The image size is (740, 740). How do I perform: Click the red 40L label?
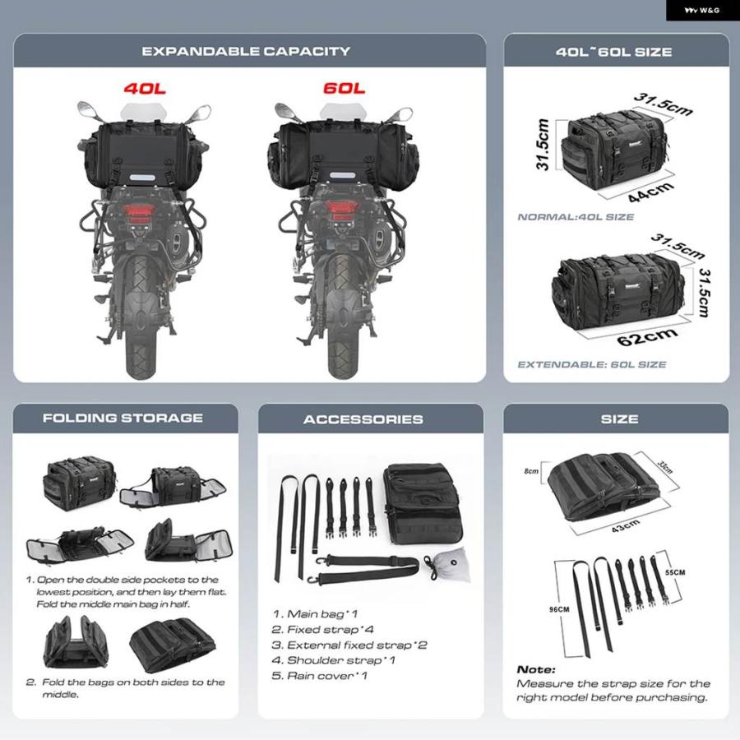click(145, 88)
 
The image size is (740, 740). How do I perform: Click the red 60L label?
click(344, 88)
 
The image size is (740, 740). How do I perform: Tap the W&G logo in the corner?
click(702, 11)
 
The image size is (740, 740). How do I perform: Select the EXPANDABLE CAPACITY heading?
click(246, 51)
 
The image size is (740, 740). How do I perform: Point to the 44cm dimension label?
click(651, 192)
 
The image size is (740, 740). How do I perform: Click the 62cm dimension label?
click(647, 337)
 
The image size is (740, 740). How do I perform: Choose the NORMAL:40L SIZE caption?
click(576, 217)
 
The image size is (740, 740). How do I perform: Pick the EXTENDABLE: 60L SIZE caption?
click(592, 364)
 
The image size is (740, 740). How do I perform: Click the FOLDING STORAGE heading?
click(123, 418)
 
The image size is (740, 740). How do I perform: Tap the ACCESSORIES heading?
click(363, 419)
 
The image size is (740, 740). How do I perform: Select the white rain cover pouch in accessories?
click(451, 565)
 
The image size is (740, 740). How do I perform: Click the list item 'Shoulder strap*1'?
click(333, 660)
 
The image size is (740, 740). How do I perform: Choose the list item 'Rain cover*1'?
click(319, 676)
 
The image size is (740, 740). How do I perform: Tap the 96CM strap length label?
click(559, 609)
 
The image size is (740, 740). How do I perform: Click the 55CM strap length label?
click(675, 572)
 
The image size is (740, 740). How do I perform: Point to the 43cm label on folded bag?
click(626, 525)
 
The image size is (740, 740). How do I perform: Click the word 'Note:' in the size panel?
click(536, 669)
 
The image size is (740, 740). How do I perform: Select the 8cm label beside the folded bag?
click(531, 471)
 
